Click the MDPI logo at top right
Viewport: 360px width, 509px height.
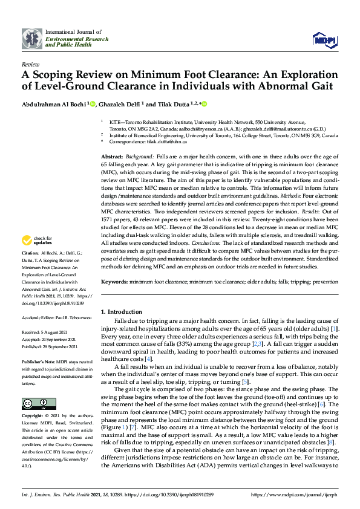(324, 40)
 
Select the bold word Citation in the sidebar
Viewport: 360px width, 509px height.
(31, 269)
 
